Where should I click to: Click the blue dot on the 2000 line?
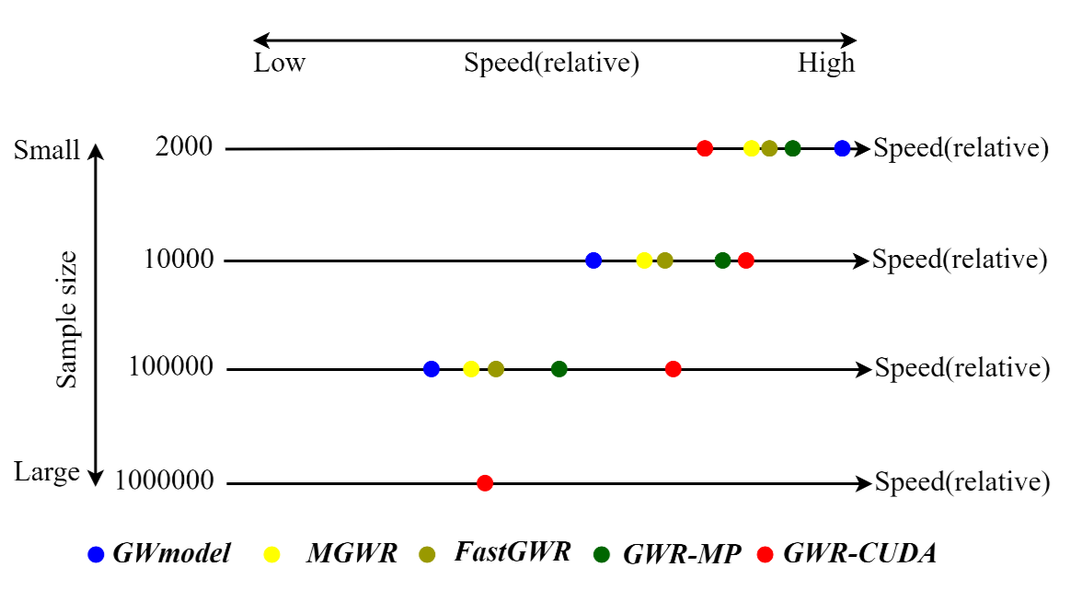pos(842,148)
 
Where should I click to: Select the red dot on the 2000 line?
pos(705,148)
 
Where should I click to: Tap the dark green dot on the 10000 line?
pos(723,260)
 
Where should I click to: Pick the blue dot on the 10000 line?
pos(593,260)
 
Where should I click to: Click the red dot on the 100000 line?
pos(673,369)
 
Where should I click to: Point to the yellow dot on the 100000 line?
pos(471,369)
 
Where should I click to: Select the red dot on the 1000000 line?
pos(485,483)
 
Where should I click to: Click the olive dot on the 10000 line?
pos(665,260)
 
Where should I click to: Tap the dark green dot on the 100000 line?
pos(558,369)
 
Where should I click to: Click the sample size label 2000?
pos(184,147)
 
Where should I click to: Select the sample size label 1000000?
pos(165,481)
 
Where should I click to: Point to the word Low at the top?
pos(280,64)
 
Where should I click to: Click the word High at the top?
pos(826,64)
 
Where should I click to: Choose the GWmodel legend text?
pos(171,553)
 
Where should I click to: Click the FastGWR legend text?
pos(512,552)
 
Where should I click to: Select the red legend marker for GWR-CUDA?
pos(764,554)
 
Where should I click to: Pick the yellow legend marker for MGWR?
pos(272,554)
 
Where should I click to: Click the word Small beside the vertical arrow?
pos(48,151)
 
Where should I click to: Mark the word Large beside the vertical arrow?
pos(47,473)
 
